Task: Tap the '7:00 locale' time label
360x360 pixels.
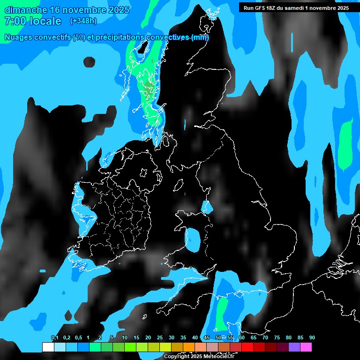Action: click(33, 21)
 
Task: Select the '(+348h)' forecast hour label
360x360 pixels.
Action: click(83, 21)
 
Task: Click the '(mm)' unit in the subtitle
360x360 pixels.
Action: click(200, 37)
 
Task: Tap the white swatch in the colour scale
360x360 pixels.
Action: click(48, 347)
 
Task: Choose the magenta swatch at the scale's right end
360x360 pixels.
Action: click(306, 347)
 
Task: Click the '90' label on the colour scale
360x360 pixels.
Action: click(312, 338)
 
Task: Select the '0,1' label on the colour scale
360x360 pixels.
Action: click(55, 338)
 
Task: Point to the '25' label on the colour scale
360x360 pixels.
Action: click(160, 338)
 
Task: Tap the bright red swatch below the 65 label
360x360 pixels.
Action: click(247, 347)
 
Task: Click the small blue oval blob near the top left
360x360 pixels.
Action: click(89, 62)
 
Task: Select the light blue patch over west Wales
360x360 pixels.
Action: click(193, 240)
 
